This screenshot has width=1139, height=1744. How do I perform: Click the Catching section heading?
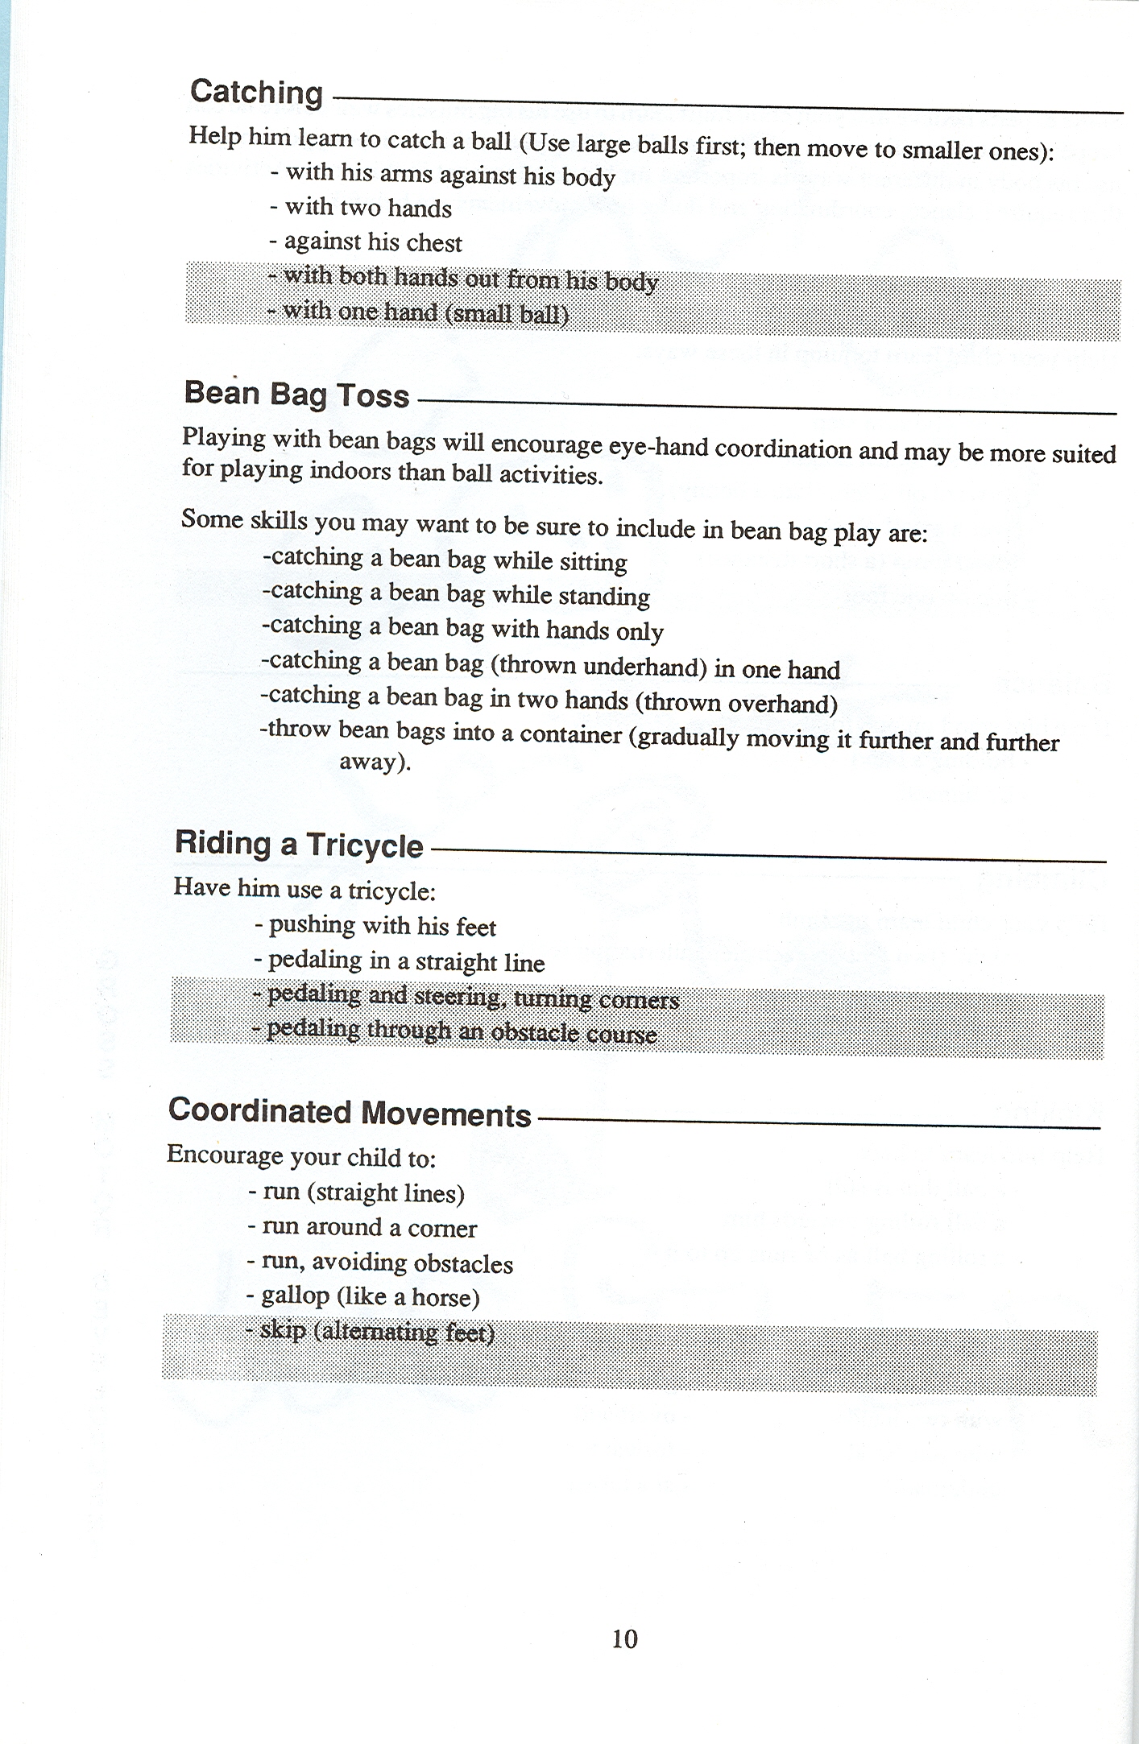(256, 92)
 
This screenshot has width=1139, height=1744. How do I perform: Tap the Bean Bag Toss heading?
(296, 395)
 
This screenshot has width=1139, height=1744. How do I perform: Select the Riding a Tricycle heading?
(299, 845)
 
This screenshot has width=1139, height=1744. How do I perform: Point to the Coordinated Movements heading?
(350, 1112)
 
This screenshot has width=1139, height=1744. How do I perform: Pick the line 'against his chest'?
(366, 242)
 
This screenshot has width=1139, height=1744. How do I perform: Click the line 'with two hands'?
(360, 208)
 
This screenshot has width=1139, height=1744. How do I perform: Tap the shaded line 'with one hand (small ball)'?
(419, 312)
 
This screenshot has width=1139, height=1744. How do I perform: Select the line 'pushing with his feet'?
(375, 926)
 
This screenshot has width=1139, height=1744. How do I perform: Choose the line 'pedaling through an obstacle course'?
(454, 1031)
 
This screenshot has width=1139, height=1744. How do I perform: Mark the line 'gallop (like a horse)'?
(363, 1296)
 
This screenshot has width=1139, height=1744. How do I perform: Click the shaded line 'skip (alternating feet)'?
(371, 1331)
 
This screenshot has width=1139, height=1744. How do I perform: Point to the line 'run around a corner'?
(362, 1227)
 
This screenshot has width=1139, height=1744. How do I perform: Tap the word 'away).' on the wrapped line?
(375, 762)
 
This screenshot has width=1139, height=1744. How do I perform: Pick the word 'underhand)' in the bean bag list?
(644, 667)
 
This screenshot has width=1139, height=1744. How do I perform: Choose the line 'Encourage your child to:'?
(301, 1156)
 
